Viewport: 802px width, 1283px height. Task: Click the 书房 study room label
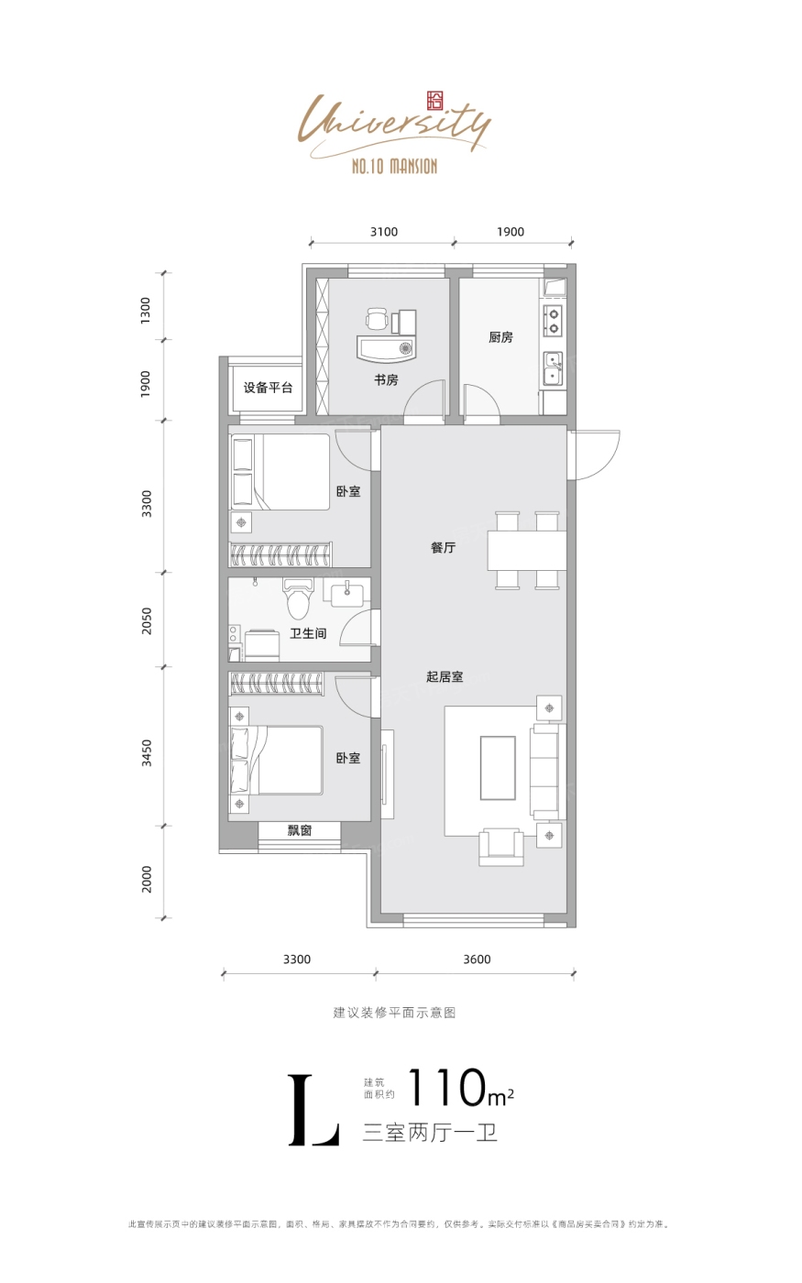pos(386,379)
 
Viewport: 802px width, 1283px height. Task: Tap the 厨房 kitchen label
pos(500,337)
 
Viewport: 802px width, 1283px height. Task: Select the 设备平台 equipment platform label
pos(268,388)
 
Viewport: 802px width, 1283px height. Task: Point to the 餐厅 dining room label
pos(443,548)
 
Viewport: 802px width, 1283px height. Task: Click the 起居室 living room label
pos(445,676)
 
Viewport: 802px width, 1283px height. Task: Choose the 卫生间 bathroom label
pos(308,633)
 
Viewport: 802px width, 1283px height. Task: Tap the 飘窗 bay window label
pos(300,830)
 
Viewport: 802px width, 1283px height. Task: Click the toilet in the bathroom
pos(299,598)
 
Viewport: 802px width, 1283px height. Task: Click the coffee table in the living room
pos(498,768)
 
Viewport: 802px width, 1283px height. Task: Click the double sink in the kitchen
pos(552,368)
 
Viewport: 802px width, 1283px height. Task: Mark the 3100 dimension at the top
pos(384,232)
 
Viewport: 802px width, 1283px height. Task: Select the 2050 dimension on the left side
pos(148,621)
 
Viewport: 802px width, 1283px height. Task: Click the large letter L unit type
pos(313,1110)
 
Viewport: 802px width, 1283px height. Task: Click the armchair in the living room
pos(501,847)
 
